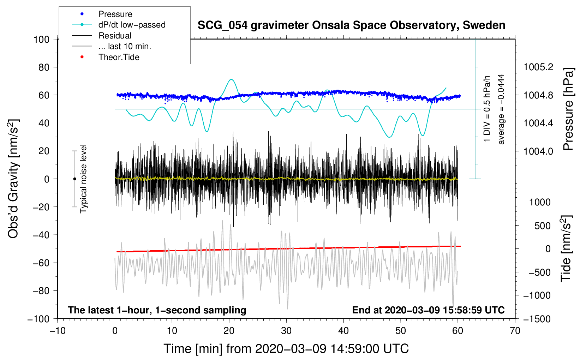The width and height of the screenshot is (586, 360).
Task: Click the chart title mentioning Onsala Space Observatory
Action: click(351, 25)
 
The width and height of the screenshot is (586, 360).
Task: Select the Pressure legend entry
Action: click(115, 14)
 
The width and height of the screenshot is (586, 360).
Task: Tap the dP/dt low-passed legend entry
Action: click(132, 25)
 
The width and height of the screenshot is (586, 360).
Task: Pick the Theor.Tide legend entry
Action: click(119, 57)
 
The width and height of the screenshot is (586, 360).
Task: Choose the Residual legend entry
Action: click(115, 36)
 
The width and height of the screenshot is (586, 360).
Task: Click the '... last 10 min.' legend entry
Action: click(125, 46)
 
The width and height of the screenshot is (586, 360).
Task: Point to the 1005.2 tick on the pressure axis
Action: click(538, 67)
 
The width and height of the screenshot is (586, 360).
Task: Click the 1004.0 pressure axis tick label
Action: click(538, 151)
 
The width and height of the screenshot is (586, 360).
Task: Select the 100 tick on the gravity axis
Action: click(41, 39)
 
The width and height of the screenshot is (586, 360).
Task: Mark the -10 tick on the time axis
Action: click(58, 331)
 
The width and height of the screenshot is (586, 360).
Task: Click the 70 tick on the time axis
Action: click(515, 331)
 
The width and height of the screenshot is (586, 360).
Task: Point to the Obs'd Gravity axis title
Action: click(13, 179)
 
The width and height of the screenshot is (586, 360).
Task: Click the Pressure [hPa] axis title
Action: click(568, 109)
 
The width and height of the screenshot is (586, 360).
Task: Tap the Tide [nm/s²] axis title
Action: click(566, 249)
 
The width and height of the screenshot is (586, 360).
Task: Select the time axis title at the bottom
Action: click(286, 349)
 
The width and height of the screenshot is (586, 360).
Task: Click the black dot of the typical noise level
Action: click(74, 179)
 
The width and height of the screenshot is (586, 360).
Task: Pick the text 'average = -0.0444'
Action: click(501, 109)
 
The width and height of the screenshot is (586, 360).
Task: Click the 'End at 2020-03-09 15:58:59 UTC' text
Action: click(428, 310)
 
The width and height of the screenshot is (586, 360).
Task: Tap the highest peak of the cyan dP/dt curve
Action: click(231, 79)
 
